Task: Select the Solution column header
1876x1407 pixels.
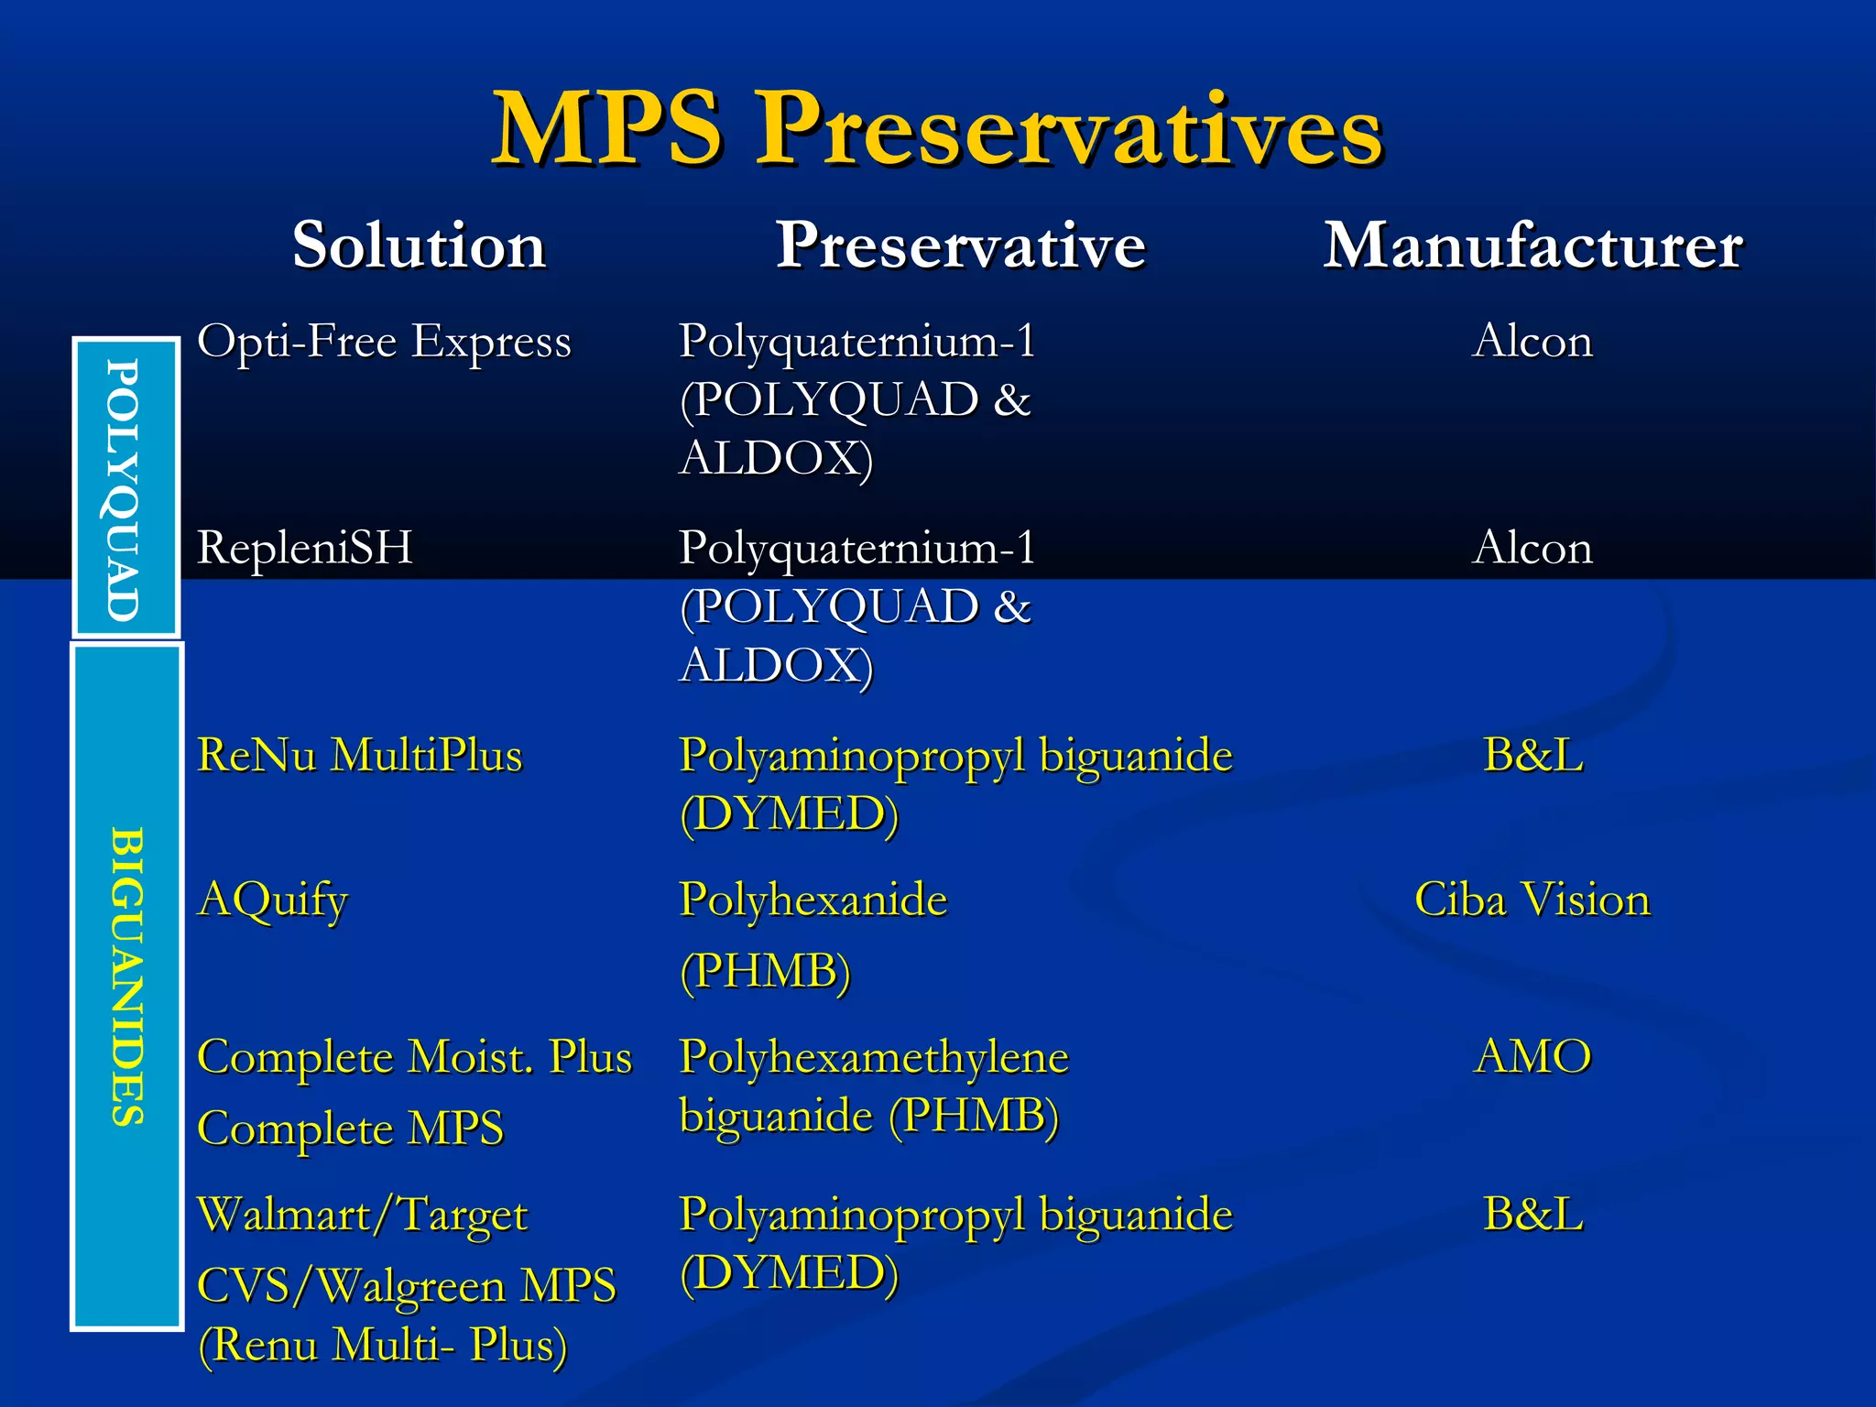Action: coord(419,245)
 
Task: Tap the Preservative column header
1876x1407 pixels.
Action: coord(960,245)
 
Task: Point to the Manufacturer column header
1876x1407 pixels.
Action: coord(1532,245)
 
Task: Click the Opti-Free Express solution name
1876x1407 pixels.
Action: coord(384,343)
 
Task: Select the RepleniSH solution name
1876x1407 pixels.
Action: coord(305,548)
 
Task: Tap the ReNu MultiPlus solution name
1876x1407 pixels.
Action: coord(359,756)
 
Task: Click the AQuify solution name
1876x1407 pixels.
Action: coord(273,900)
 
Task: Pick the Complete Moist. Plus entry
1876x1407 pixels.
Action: coord(414,1057)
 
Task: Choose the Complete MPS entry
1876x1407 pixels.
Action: coord(350,1129)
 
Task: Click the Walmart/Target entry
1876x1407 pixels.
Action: coord(363,1216)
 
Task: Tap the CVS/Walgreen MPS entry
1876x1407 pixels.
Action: coord(407,1285)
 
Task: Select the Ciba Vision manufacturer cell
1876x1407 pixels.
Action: coord(1532,900)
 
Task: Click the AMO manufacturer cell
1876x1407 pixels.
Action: coord(1532,1057)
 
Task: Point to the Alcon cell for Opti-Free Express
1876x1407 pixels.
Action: coord(1532,342)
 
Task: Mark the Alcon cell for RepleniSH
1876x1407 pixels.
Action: coord(1532,549)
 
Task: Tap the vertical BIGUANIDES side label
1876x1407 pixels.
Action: coord(126,976)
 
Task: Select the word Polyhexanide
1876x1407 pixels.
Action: coord(813,900)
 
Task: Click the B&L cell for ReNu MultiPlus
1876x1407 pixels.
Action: coord(1532,756)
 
